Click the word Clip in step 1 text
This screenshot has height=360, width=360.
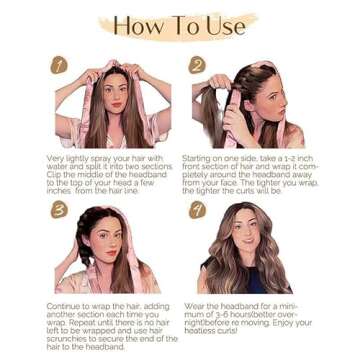57,174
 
